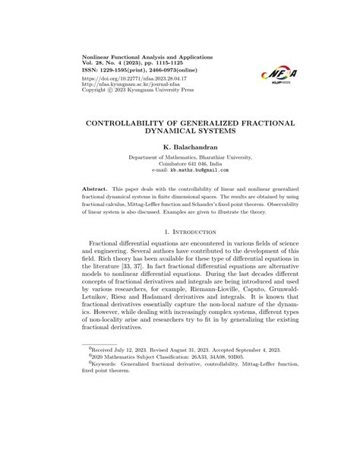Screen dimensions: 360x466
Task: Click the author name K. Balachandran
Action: pyautogui.click(x=179, y=144)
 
